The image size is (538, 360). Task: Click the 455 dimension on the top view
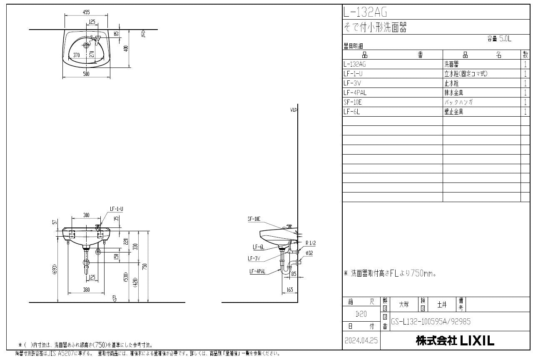(x=86, y=12)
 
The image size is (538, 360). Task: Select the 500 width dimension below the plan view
(x=86, y=74)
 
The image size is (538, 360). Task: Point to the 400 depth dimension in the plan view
(x=126, y=48)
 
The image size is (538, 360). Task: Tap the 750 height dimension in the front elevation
(x=144, y=267)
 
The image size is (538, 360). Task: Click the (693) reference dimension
(x=55, y=270)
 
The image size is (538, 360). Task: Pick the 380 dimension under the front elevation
(x=86, y=290)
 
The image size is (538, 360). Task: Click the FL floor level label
(x=115, y=297)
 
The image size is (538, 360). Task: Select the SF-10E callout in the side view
(x=254, y=219)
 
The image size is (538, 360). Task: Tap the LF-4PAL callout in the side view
(x=257, y=272)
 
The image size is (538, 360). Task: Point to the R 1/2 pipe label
(x=310, y=243)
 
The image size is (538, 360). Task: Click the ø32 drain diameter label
(x=309, y=253)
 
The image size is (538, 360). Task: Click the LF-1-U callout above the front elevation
(x=116, y=208)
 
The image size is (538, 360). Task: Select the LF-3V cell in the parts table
(x=352, y=83)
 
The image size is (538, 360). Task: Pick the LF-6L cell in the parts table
(x=352, y=112)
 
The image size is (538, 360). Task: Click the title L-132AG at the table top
(x=360, y=12)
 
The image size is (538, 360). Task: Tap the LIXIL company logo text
(x=477, y=341)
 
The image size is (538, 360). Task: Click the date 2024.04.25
(x=361, y=341)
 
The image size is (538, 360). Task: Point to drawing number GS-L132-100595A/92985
(x=431, y=322)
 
